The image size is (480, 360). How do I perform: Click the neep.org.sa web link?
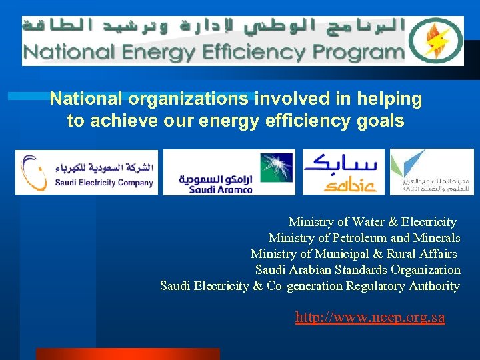pos(370,317)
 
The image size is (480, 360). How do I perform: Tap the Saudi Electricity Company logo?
pos(87,172)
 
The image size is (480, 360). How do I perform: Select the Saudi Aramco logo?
pos(229,172)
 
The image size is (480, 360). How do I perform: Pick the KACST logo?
pos(431,172)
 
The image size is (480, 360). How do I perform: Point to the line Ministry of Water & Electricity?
pos(372,222)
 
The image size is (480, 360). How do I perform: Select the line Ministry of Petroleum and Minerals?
pos(364,238)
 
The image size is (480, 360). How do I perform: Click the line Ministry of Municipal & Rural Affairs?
pos(354,254)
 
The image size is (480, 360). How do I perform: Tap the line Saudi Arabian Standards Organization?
pos(357,270)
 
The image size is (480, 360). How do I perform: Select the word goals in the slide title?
pos(380,121)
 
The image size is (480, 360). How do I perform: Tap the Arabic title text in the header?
pos(213,28)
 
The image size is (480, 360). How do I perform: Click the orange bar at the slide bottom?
pos(127,354)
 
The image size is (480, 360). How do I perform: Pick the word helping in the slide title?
pos(389,99)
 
